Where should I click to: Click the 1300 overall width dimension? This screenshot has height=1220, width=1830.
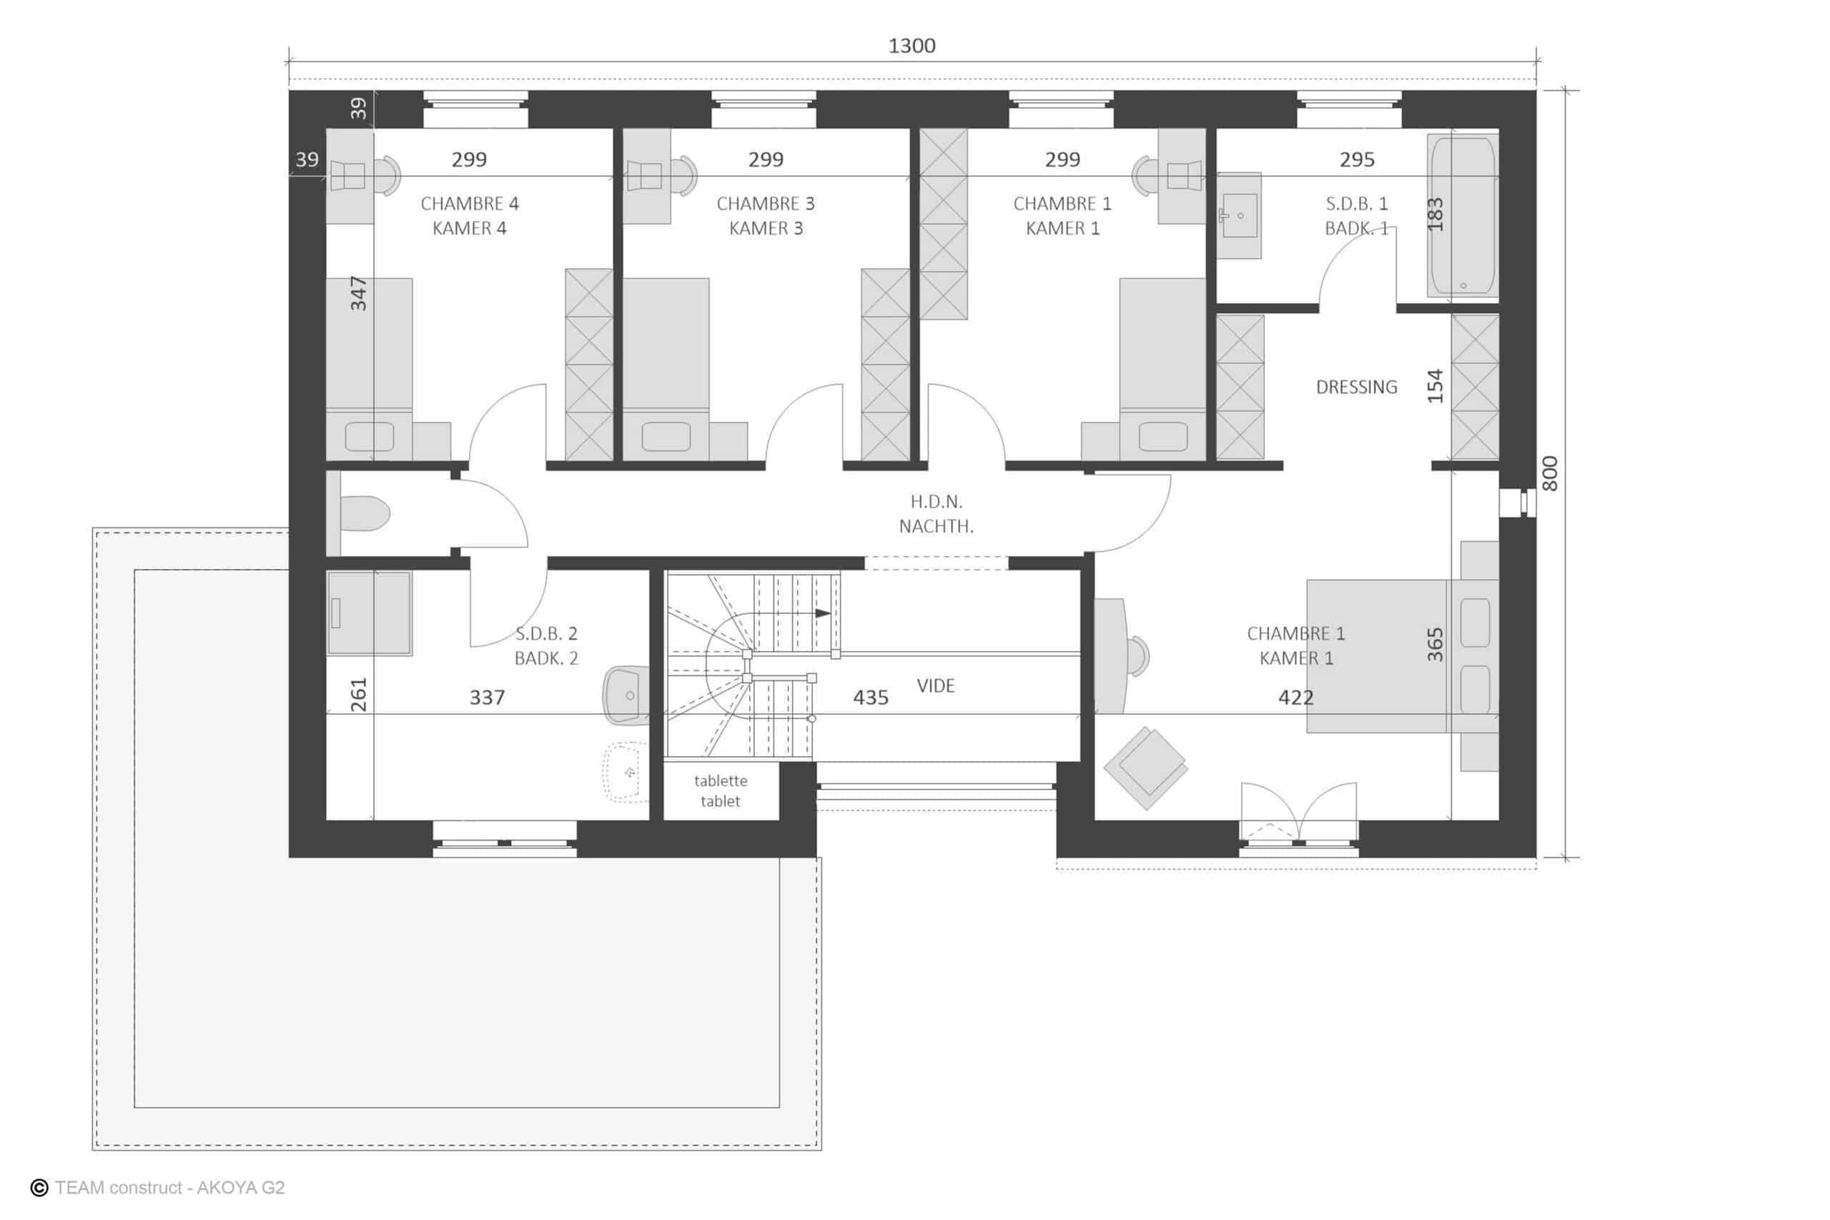912,46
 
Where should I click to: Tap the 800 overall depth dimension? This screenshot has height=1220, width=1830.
1549,474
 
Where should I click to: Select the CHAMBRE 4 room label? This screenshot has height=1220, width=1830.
469,204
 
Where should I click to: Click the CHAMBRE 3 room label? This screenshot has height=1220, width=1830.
766,204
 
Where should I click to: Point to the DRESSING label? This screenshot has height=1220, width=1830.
1356,387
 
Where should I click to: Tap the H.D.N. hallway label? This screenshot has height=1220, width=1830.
936,502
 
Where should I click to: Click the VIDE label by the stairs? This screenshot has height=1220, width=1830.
935,685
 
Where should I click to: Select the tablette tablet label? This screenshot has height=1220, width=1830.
721,790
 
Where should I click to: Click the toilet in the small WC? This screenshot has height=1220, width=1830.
365,514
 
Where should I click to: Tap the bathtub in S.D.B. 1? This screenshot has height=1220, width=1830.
1463,217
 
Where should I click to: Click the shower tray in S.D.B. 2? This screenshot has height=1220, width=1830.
369,613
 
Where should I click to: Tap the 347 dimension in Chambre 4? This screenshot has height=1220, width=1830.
358,293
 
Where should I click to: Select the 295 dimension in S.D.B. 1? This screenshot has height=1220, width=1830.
1357,159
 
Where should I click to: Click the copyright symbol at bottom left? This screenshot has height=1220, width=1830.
39,1188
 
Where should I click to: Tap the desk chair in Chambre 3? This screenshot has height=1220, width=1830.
686,175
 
